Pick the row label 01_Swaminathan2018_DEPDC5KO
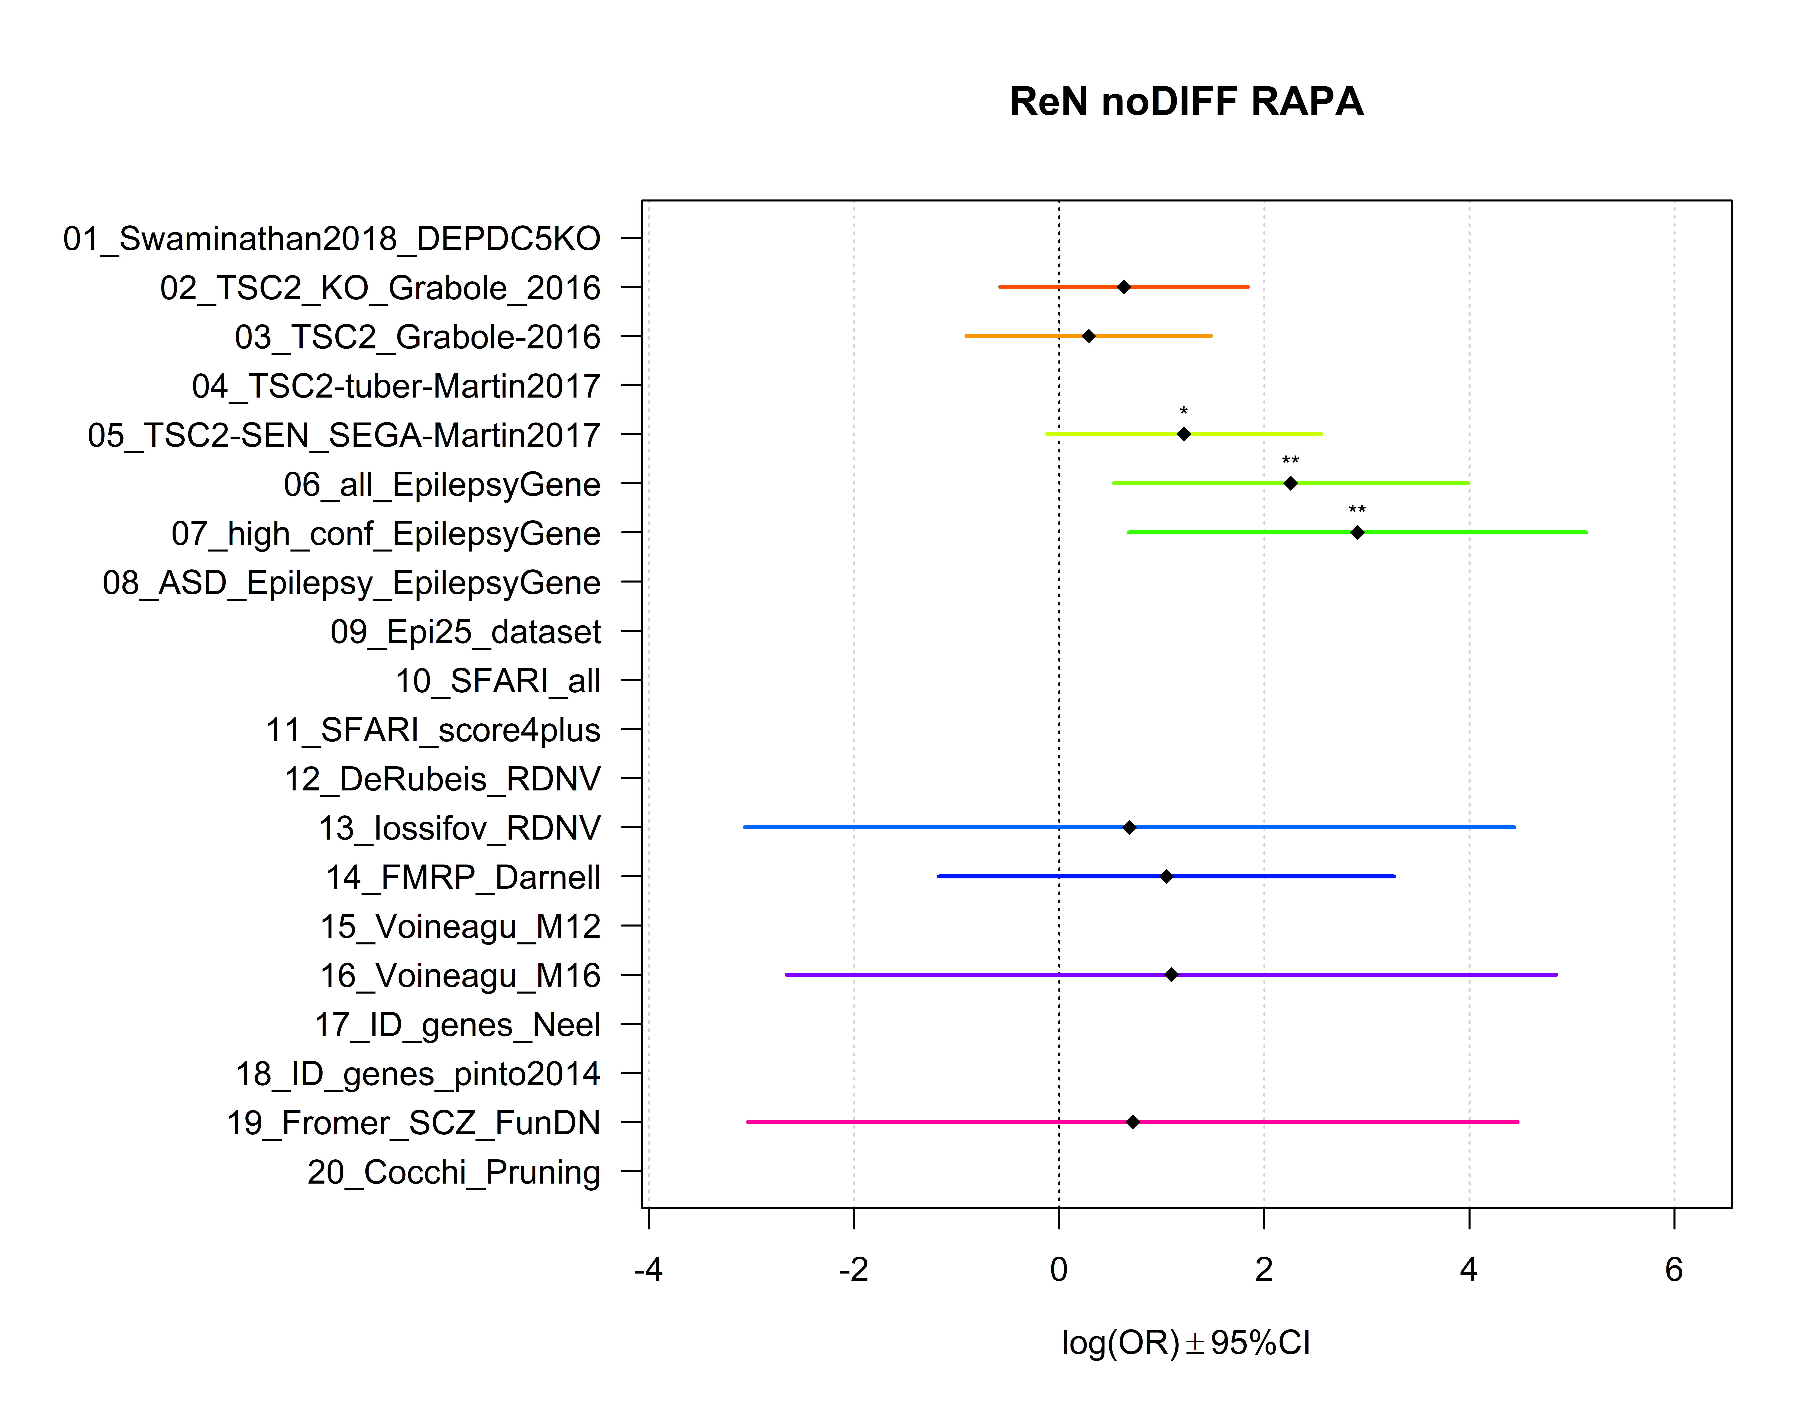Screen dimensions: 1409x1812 click(332, 239)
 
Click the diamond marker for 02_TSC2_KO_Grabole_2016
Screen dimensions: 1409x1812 click(1123, 287)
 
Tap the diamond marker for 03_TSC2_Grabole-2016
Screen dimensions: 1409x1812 click(1089, 336)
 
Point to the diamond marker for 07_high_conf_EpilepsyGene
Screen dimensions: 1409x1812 click(1357, 532)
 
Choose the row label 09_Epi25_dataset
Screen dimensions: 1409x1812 click(465, 632)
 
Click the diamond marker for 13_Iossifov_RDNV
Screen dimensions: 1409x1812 click(1129, 828)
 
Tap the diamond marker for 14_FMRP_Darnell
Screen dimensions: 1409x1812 click(1167, 877)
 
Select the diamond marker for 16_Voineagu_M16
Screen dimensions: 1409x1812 click(1172, 974)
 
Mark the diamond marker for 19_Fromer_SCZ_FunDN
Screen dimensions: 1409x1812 click(1132, 1122)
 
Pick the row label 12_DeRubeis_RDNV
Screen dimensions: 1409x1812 click(442, 780)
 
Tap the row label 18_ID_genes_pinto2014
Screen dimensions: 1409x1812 click(418, 1074)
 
